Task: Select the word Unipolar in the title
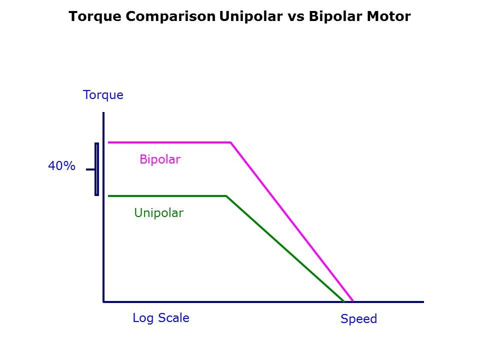click(251, 16)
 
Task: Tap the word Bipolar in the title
click(335, 16)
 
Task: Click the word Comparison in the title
click(170, 16)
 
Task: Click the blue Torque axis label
click(103, 95)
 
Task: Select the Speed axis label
click(359, 319)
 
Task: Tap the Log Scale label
click(161, 318)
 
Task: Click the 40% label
click(61, 166)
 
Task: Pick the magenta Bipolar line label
click(160, 159)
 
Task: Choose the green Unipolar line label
click(159, 213)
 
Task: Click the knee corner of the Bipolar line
click(231, 142)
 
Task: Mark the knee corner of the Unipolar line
click(226, 196)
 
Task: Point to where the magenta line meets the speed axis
click(352, 301)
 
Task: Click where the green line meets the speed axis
click(344, 301)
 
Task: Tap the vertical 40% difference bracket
click(96, 169)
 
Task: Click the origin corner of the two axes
click(103, 302)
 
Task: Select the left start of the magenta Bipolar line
click(108, 142)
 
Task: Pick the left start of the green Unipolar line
click(108, 196)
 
